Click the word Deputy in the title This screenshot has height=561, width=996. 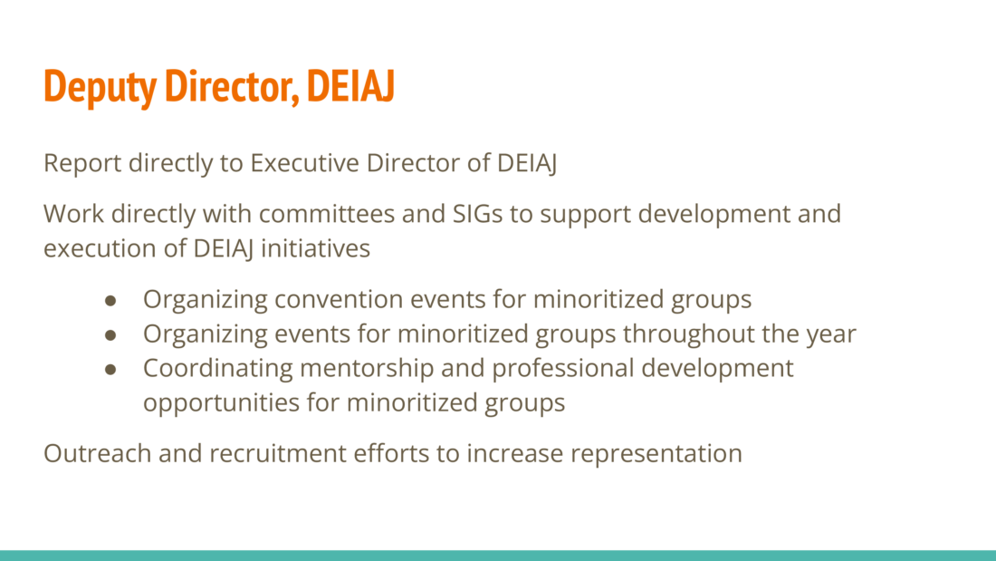click(100, 86)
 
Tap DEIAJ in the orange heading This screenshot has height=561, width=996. click(350, 85)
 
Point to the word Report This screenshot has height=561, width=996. click(81, 164)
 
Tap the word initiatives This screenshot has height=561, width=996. click(316, 248)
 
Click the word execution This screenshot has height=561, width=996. click(100, 248)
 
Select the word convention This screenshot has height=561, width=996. click(339, 299)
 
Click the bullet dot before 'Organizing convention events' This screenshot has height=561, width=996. click(110, 300)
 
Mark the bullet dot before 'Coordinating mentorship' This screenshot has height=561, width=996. click(110, 369)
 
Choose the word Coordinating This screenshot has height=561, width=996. click(218, 369)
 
